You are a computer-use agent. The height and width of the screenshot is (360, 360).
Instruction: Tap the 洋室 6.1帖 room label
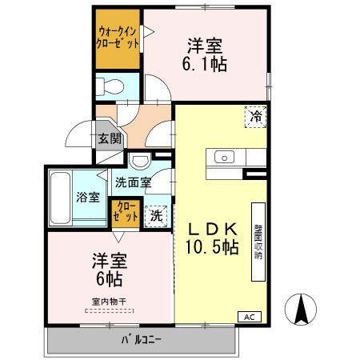[206, 54]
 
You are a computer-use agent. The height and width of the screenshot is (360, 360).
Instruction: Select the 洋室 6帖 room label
[109, 270]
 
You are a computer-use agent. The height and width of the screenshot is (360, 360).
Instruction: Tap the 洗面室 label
[132, 182]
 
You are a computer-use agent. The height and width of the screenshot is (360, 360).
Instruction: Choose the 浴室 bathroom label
[87, 198]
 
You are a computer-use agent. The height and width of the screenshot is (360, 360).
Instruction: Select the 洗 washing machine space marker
[158, 214]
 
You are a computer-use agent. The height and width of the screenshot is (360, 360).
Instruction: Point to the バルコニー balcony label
[142, 340]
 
